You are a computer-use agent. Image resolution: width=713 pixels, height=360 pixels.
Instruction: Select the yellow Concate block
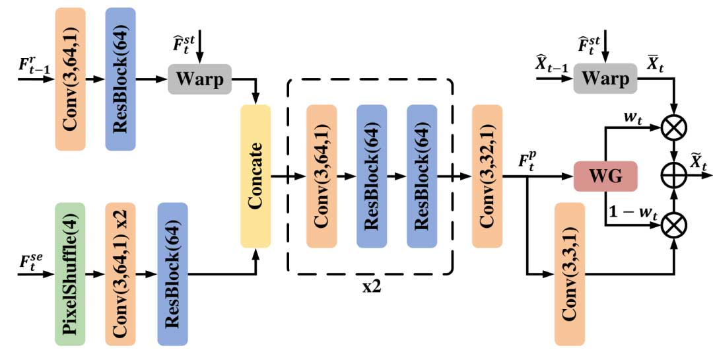[x=255, y=176]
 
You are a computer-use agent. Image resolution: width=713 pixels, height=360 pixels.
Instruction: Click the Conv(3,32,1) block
[x=487, y=176]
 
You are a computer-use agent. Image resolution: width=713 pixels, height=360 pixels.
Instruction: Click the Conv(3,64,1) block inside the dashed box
[x=322, y=176]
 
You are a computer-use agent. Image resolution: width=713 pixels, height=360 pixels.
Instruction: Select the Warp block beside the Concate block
[x=200, y=79]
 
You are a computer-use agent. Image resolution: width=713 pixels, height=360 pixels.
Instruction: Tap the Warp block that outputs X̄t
[x=605, y=79]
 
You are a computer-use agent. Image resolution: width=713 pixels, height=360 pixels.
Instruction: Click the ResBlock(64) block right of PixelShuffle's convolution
[x=173, y=274]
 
